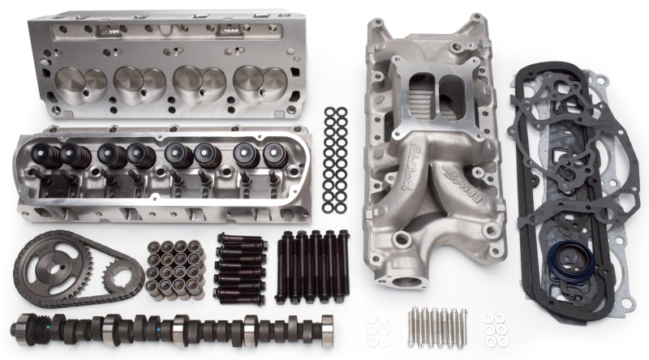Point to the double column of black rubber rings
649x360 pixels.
point(335,159)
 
